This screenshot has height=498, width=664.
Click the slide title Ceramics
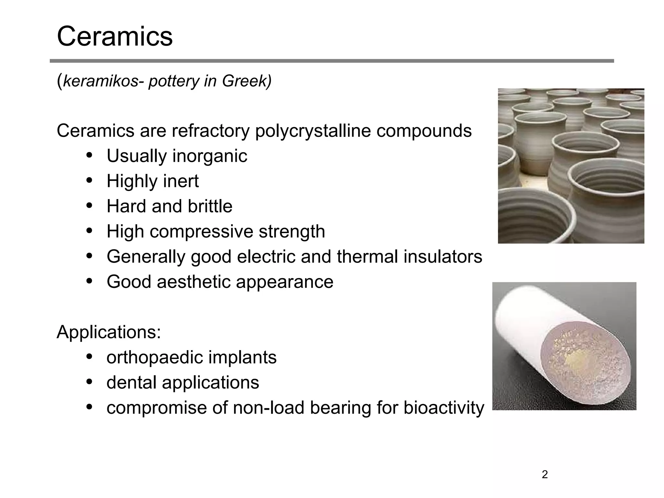pyautogui.click(x=115, y=36)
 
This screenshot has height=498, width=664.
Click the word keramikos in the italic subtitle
pyautogui.click(x=101, y=81)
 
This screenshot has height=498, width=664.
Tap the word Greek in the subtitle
pyautogui.click(x=244, y=81)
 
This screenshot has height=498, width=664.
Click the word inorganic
pyautogui.click(x=210, y=156)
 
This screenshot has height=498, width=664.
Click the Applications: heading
pyautogui.click(x=109, y=332)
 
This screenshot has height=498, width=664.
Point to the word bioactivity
pyautogui.click(x=444, y=408)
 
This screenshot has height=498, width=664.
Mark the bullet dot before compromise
pyautogui.click(x=90, y=407)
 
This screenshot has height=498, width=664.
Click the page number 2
pyautogui.click(x=545, y=475)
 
